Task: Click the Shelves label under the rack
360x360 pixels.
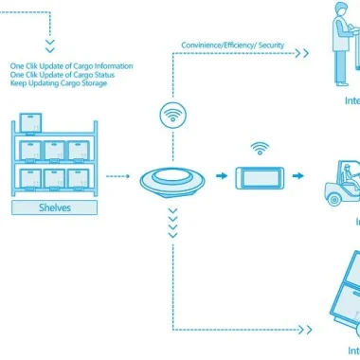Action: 55,207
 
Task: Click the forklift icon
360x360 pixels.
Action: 338,179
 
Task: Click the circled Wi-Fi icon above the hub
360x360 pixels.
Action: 172,118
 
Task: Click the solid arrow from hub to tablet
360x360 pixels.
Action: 218,176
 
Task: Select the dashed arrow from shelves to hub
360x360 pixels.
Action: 117,176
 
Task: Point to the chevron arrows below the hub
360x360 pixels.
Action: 172,225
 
